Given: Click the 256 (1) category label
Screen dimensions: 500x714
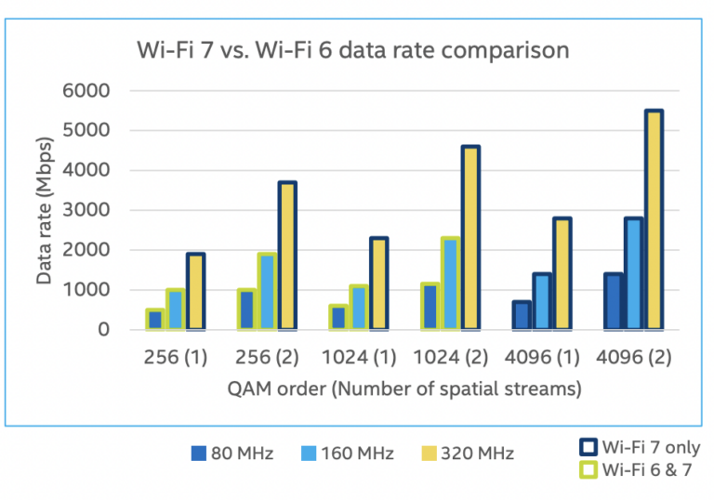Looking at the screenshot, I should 176,358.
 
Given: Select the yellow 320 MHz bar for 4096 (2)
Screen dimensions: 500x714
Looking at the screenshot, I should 654,220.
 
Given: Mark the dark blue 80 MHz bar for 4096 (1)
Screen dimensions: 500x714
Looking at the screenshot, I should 522,315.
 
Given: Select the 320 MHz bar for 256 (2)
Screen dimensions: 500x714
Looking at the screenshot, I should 286,256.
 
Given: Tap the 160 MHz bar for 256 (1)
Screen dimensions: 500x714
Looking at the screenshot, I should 174,309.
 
